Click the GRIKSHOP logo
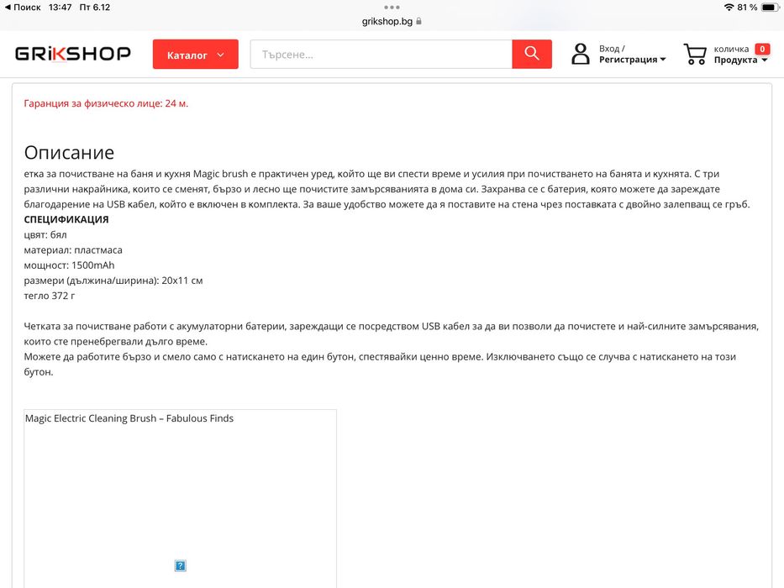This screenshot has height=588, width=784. [x=73, y=54]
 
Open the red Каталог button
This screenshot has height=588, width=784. [x=195, y=55]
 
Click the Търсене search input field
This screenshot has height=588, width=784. [x=381, y=55]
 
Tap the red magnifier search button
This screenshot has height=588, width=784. [x=532, y=54]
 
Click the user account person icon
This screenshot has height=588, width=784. [x=581, y=55]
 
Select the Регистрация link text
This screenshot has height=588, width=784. [x=629, y=60]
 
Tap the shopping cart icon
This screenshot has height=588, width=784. [x=695, y=55]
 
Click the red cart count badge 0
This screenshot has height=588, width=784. [x=762, y=49]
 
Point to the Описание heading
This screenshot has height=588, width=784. [x=69, y=153]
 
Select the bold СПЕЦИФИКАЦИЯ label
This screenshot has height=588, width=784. [x=66, y=219]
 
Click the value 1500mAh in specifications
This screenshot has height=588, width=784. [x=92, y=265]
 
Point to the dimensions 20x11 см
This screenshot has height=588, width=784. [x=183, y=280]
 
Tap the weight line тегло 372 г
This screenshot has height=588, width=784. [x=50, y=295]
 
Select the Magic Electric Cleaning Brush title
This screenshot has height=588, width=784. [x=129, y=418]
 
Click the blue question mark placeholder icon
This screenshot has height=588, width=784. [x=180, y=565]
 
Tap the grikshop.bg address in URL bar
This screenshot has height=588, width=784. [x=386, y=21]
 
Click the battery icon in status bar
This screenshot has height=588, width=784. [x=771, y=8]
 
